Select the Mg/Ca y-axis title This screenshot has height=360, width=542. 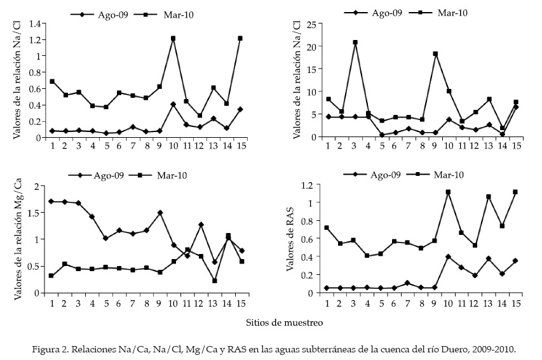pyautogui.click(x=18, y=239)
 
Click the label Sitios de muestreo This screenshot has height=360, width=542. pyautogui.click(x=284, y=323)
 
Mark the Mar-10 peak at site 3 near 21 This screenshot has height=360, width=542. pyautogui.click(x=355, y=43)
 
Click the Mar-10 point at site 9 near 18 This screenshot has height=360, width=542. pyautogui.click(x=435, y=54)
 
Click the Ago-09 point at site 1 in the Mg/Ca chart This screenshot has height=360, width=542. pyautogui.click(x=51, y=201)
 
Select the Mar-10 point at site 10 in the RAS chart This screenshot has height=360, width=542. pyautogui.click(x=448, y=192)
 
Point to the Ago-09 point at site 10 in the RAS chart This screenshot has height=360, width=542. pyautogui.click(x=448, y=257)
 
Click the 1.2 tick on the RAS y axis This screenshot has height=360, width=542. pyautogui.click(x=308, y=185)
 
